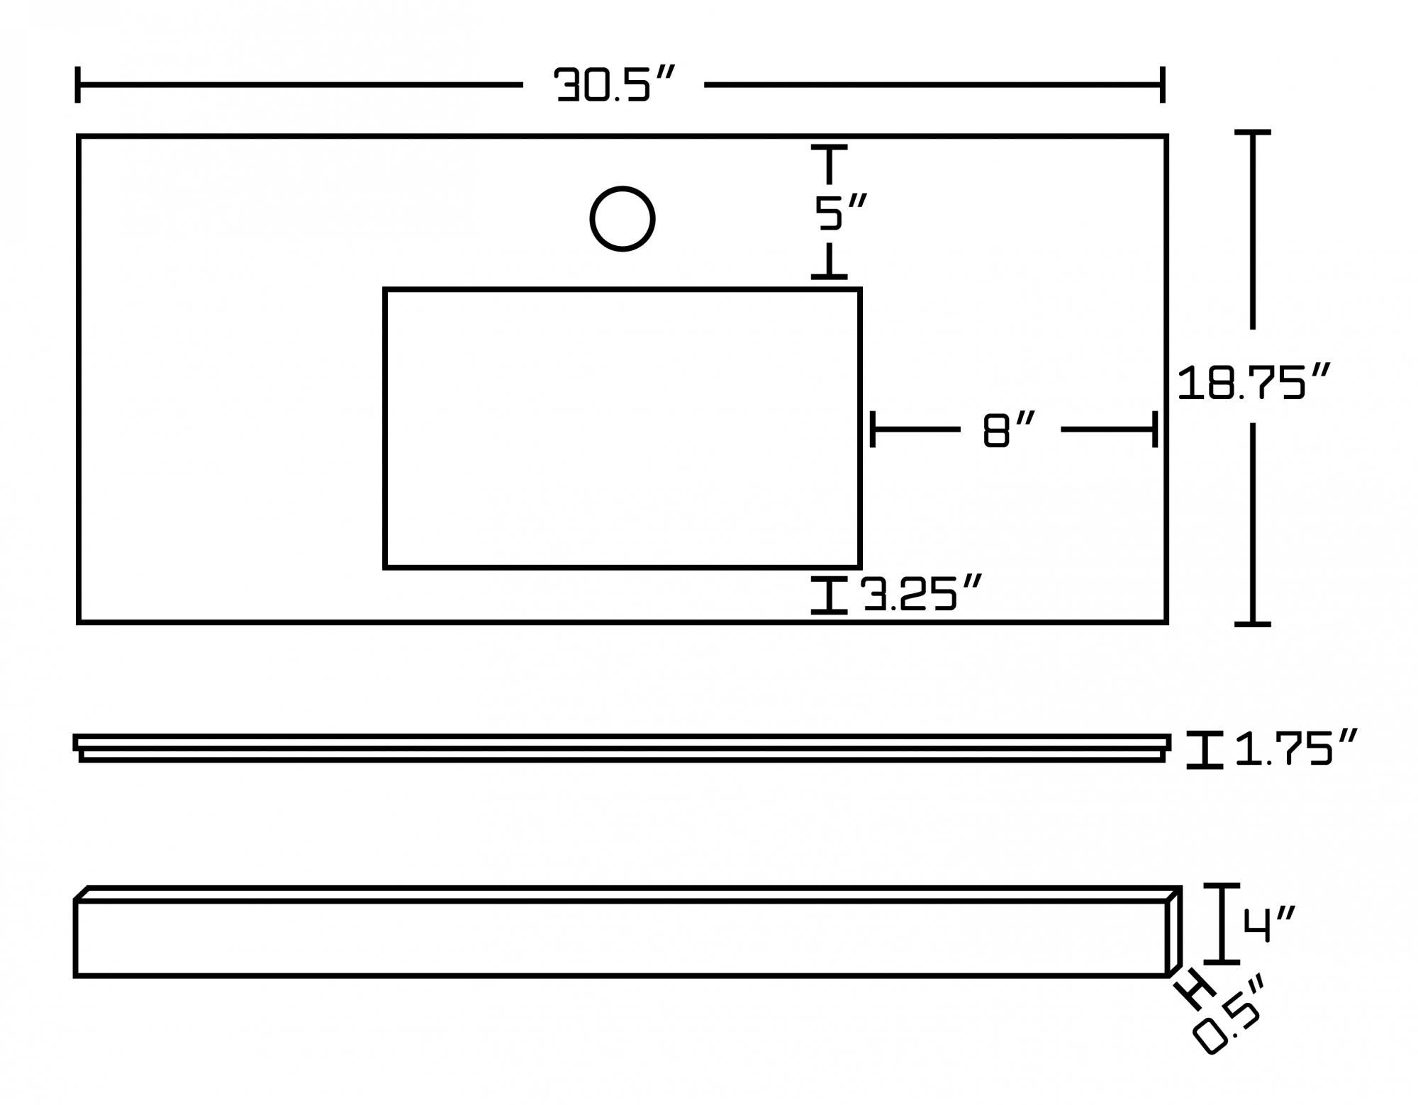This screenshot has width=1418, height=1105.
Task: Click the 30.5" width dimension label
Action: tap(613, 85)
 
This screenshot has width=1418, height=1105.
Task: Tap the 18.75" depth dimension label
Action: tap(1253, 383)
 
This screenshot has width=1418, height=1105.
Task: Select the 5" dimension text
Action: tap(839, 212)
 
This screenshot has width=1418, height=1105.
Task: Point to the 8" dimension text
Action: tap(1009, 430)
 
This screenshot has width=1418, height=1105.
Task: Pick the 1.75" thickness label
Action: tap(1295, 749)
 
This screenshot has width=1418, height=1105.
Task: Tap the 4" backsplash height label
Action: tap(1268, 924)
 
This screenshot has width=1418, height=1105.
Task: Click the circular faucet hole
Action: tap(622, 219)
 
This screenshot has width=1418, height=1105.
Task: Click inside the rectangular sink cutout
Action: tap(622, 428)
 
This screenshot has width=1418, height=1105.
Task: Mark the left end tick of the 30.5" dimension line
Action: tap(77, 85)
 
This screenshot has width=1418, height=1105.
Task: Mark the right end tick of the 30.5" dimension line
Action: tap(1163, 85)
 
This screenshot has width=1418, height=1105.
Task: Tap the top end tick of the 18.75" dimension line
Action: tap(1253, 133)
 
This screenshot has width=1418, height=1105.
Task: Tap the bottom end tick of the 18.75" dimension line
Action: tap(1253, 624)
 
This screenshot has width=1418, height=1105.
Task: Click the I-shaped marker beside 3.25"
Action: tap(829, 595)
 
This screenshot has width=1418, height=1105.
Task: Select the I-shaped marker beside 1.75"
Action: tap(1205, 750)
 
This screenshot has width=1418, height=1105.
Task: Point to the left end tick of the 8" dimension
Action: tap(873, 430)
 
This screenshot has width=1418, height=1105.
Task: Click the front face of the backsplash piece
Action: tap(620, 938)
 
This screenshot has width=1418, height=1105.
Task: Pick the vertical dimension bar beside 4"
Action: tap(1222, 924)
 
